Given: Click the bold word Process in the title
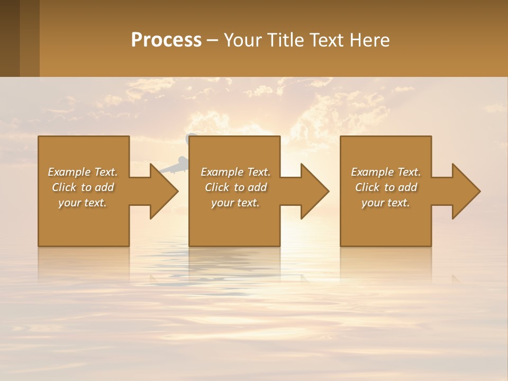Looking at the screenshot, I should tap(166, 40).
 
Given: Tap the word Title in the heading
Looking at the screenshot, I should tap(285, 40).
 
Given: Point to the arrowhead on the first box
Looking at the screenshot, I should tap(162, 191).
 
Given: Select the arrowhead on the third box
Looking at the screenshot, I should tap(465, 191).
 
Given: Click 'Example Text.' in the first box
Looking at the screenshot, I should tap(83, 172).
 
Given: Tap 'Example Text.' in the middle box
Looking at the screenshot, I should tap(235, 172).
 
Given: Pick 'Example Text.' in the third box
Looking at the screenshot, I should tap(386, 172).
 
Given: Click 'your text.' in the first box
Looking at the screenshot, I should tap(83, 203).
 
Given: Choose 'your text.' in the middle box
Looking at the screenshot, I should tap(235, 203).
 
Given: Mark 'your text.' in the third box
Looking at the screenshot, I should tap(386, 203).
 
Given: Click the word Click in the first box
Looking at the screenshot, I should tap(64, 187).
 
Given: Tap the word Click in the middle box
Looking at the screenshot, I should tap(217, 187).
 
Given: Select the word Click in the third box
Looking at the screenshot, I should tap(367, 187).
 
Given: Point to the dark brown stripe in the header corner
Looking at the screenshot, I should tap(10, 38).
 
